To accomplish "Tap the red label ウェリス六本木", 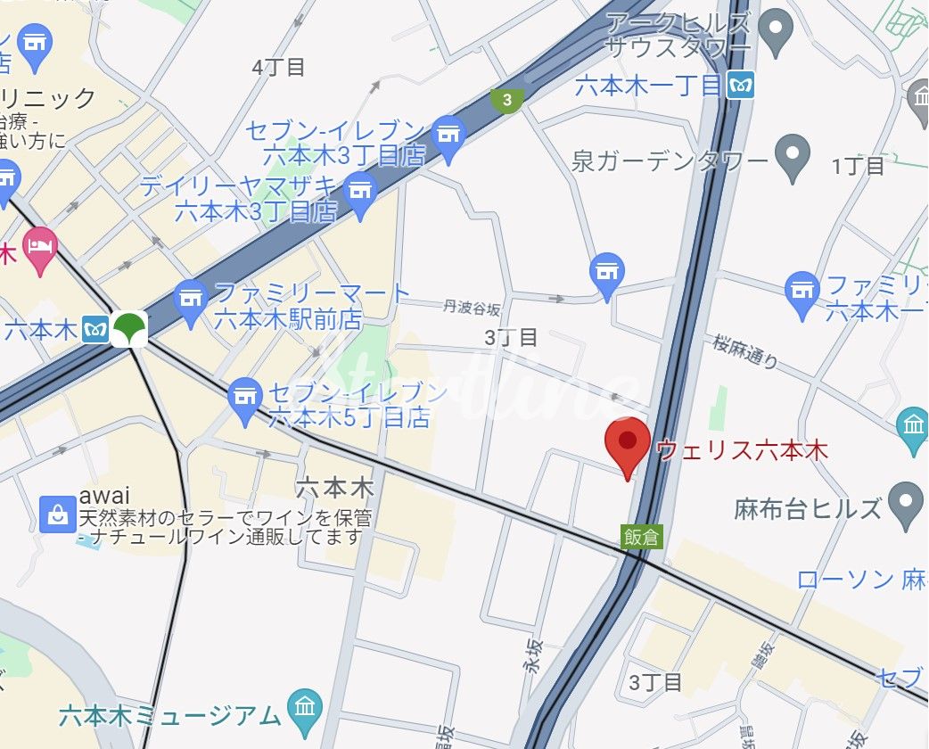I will point(742,449).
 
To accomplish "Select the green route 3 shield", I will point(507,100).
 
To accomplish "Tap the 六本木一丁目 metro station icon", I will point(741,86).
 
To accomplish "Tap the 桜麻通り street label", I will point(745,351).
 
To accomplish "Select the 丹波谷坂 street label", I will point(472,308).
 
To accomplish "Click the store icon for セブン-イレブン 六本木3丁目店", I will point(448,136).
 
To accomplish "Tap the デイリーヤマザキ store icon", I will point(361,192).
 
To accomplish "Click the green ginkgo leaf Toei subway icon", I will point(132,326).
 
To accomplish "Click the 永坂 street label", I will point(532,654).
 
